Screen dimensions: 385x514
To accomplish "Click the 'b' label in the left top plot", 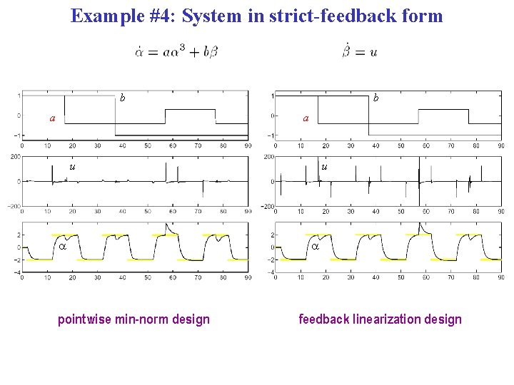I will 123,97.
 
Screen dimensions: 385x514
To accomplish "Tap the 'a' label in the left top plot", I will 51,118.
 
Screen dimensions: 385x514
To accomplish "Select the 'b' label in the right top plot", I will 376,97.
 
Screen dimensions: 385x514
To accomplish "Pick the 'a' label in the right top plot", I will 306,118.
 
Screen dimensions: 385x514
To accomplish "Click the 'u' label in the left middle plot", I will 72,167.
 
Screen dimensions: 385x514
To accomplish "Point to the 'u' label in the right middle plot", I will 325,167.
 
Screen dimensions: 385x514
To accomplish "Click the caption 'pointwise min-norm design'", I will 133,319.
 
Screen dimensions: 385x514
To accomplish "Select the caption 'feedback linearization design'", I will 380,319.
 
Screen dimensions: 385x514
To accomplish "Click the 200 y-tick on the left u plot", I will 14,156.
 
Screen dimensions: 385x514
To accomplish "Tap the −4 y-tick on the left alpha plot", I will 15,272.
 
